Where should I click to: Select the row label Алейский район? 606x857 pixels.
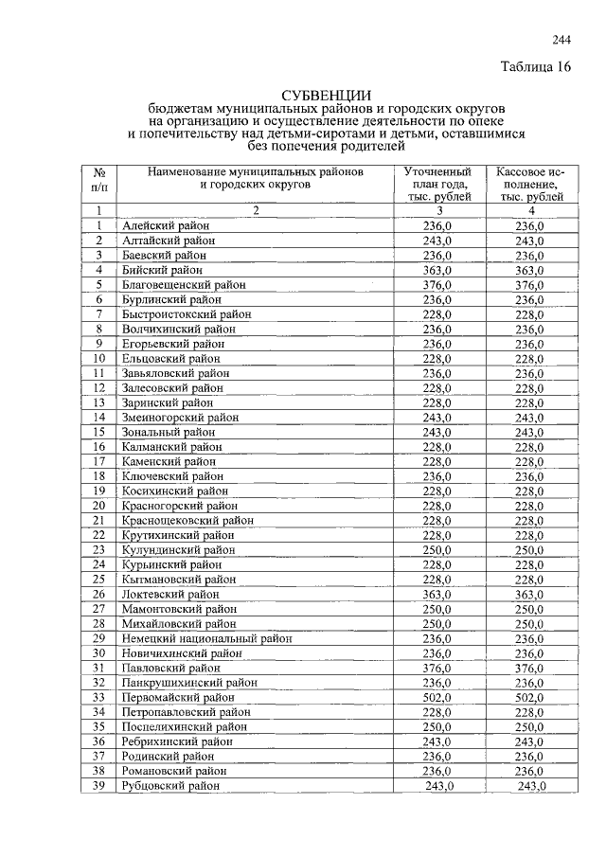(x=166, y=225)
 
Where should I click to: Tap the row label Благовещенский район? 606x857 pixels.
(x=184, y=284)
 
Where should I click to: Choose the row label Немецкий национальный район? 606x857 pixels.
(x=206, y=638)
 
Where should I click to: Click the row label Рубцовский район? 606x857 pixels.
(x=170, y=786)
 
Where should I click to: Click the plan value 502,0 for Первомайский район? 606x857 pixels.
(x=438, y=697)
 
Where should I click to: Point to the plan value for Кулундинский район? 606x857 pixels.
(x=438, y=549)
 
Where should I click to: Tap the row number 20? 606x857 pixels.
(x=98, y=506)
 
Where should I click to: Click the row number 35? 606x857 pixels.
(x=98, y=726)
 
